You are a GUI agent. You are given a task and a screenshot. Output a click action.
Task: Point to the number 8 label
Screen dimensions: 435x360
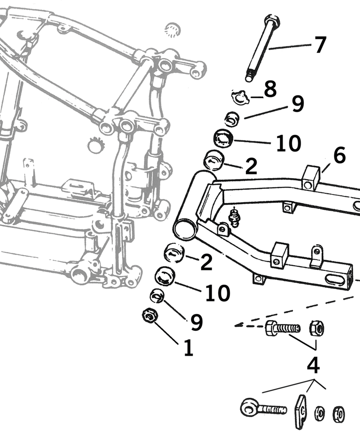(x=270, y=89)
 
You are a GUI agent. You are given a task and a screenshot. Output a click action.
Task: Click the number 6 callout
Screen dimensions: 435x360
(x=339, y=155)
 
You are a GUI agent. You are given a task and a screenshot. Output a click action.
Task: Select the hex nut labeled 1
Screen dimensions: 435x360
(x=149, y=315)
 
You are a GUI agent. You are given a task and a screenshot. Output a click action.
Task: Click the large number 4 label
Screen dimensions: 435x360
(x=313, y=365)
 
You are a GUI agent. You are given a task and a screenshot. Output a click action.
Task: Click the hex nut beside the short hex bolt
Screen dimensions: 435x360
(x=317, y=328)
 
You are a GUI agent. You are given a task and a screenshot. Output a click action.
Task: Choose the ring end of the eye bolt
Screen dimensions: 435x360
(x=249, y=407)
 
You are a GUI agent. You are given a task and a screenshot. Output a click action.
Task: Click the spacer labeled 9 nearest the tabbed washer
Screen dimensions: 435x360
(x=232, y=119)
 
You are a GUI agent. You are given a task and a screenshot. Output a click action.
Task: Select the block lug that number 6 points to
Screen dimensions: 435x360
(x=312, y=178)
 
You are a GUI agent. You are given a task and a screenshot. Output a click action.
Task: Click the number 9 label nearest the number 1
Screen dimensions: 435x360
(x=196, y=322)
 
